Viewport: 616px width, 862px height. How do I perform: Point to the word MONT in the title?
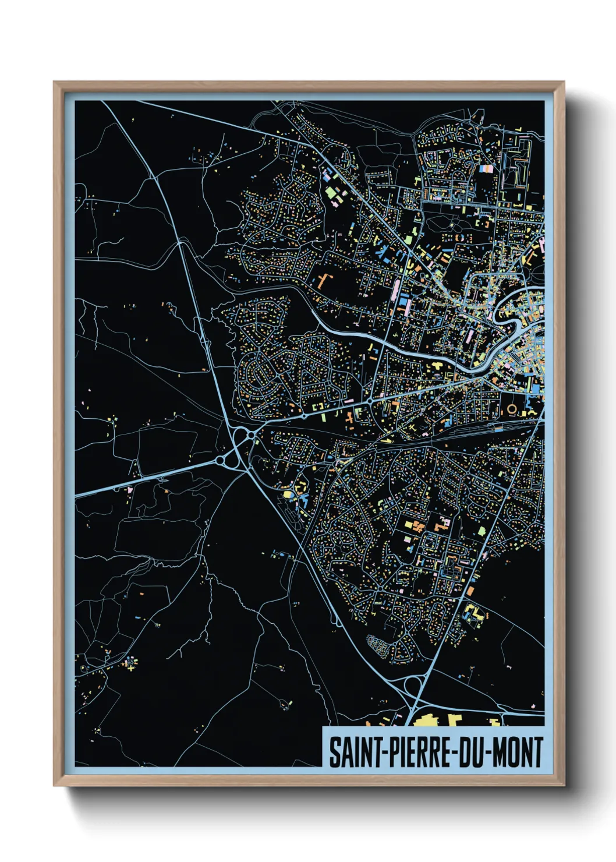(518, 752)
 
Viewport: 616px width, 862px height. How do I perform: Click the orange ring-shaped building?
(512, 409)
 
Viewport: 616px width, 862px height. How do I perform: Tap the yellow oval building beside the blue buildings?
(287, 494)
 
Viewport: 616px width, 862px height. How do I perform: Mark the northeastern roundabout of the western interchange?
(251, 434)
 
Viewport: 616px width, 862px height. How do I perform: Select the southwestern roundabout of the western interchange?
(221, 461)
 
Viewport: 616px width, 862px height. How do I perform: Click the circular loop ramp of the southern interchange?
(413, 687)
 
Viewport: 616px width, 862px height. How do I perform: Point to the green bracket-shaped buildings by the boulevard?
(318, 406)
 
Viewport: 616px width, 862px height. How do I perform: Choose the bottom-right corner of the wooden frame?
(562, 784)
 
